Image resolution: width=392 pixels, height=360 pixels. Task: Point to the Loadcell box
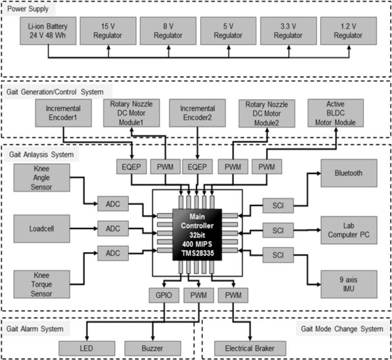click(42, 228)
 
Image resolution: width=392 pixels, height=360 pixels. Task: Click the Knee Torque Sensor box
click(42, 284)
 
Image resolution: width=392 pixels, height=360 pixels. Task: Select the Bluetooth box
click(349, 173)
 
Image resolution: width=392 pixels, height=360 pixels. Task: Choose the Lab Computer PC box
click(349, 230)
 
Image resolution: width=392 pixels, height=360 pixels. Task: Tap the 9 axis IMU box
click(349, 284)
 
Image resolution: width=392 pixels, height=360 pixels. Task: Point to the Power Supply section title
click(28, 10)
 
